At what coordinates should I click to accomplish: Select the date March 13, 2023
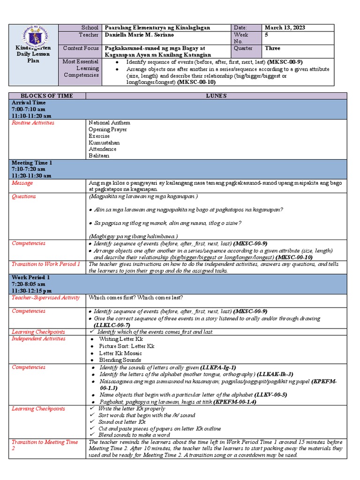tap(285, 28)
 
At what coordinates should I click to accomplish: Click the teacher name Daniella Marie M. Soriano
tap(141, 35)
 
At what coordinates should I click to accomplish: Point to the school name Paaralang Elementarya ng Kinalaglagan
tap(158, 28)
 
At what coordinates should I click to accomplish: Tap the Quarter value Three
tap(272, 48)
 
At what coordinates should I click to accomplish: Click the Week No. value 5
tap(267, 35)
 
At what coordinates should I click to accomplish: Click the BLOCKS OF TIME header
tap(48, 96)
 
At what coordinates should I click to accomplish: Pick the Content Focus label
tap(81, 48)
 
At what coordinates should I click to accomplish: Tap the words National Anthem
tap(109, 123)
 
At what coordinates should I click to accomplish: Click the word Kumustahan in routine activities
tap(104, 142)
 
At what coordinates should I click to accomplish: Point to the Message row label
tap(22, 183)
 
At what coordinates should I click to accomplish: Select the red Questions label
tap(24, 196)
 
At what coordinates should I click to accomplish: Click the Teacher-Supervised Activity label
tap(46, 297)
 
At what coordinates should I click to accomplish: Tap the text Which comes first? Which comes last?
tap(136, 297)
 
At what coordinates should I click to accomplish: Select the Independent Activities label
tap(38, 338)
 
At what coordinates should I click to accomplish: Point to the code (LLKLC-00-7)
tap(112, 325)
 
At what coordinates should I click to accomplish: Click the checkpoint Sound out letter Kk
tap(122, 422)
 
